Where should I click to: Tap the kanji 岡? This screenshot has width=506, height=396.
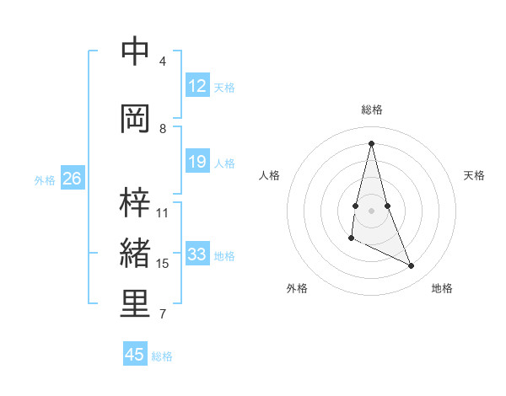click(135, 118)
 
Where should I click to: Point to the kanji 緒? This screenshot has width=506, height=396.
click(135, 254)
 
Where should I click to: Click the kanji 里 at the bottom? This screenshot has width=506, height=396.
click(135, 305)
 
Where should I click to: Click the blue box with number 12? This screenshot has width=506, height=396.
click(196, 86)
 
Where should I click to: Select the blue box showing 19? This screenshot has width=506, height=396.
click(196, 162)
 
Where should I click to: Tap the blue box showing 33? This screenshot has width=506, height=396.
click(196, 254)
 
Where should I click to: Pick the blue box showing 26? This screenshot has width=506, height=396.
click(73, 179)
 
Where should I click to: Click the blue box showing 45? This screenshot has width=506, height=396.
click(135, 355)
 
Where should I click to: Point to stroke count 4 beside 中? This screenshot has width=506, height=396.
click(163, 62)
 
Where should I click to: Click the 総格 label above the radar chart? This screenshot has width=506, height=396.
click(372, 110)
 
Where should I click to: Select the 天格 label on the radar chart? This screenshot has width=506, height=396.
click(474, 175)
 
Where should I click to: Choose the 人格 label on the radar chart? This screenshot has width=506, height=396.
click(269, 175)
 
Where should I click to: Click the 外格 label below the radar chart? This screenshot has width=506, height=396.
click(297, 288)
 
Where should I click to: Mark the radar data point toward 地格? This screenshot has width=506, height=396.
click(412, 266)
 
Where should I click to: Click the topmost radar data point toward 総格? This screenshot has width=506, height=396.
click(371, 143)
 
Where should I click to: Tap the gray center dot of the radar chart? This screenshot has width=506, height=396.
click(372, 210)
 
